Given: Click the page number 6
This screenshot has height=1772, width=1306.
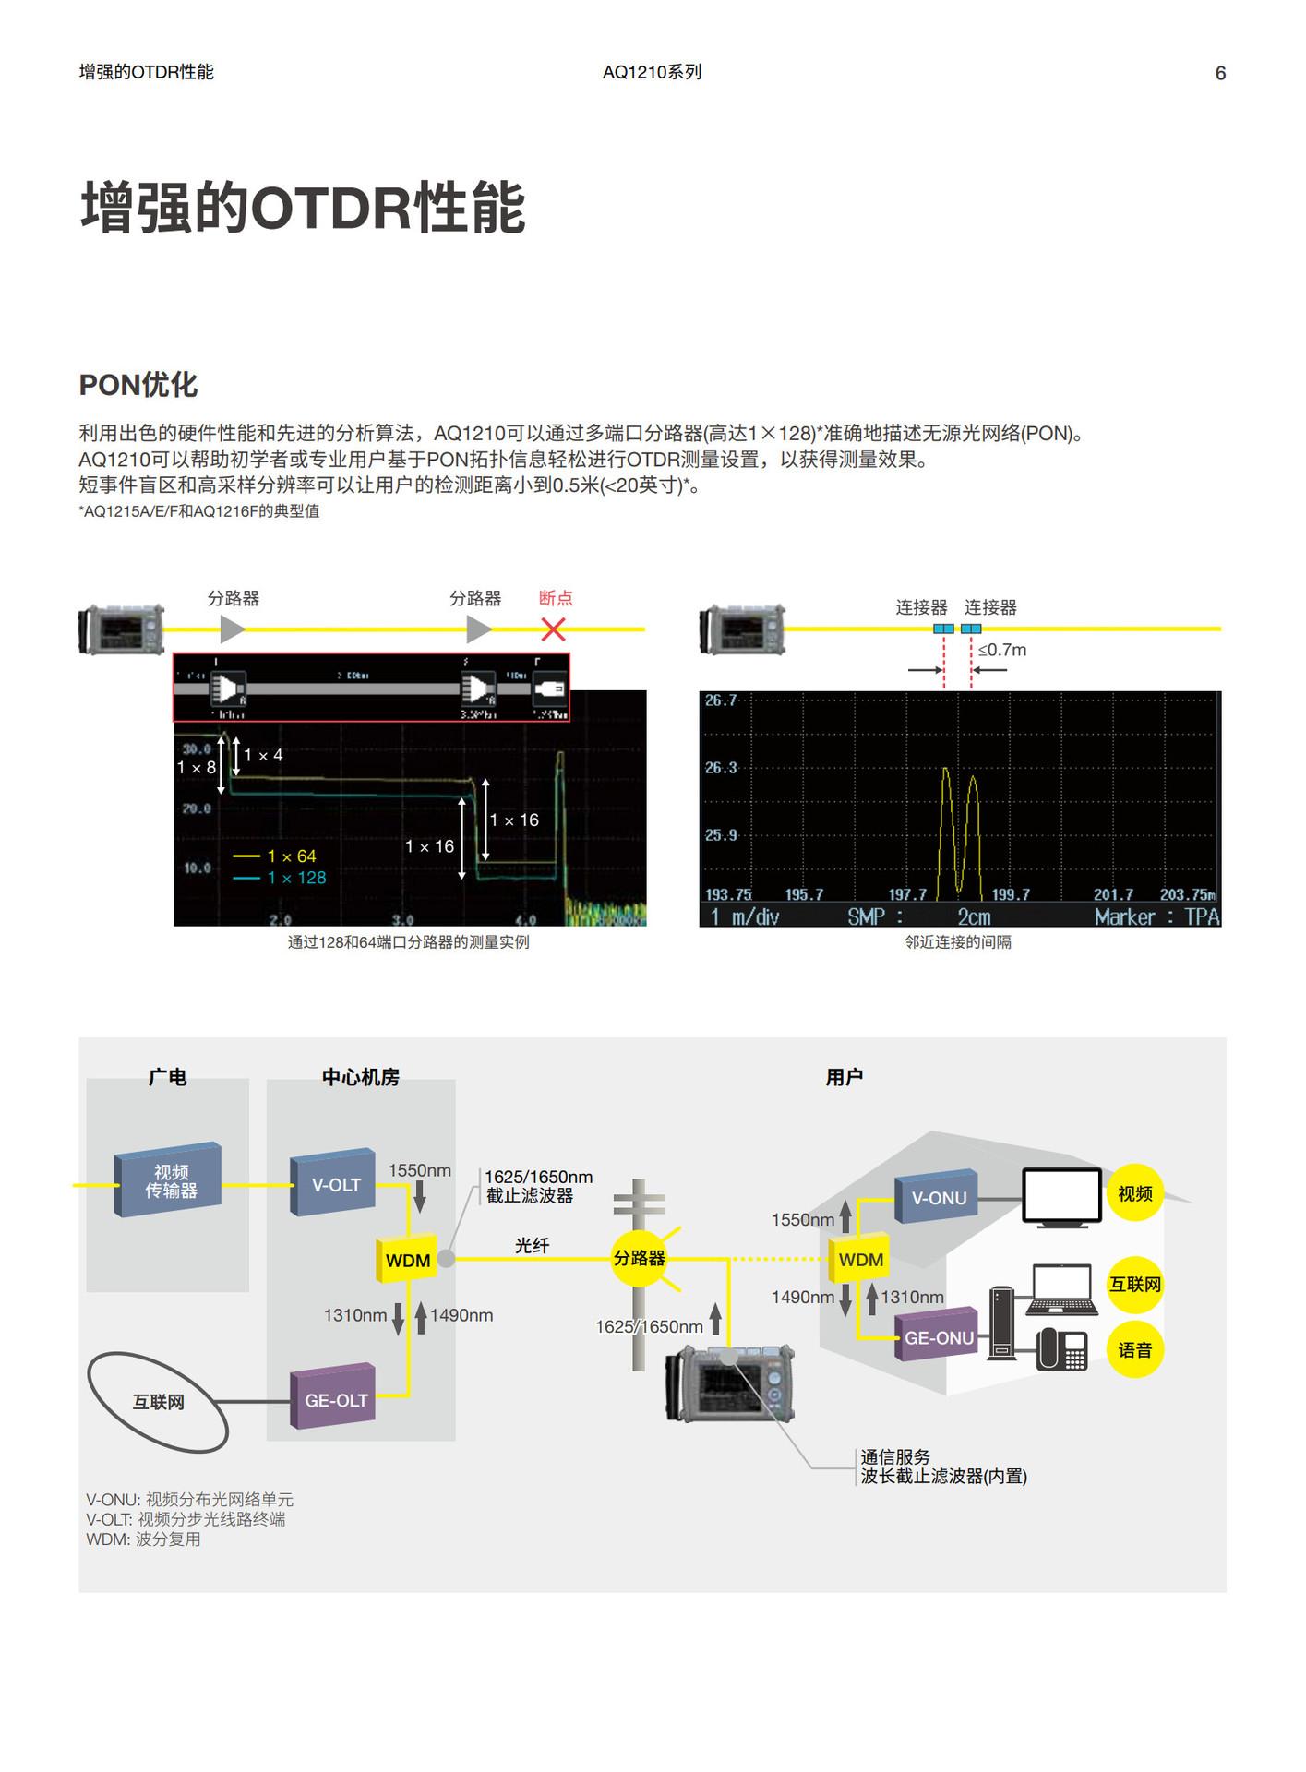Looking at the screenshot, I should pos(1219,73).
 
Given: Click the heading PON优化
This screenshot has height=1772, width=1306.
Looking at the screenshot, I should pos(138,385).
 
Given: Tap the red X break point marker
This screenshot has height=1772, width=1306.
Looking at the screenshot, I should pos(553,629).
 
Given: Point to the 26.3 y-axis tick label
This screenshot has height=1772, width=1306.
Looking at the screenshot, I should pos(721,768).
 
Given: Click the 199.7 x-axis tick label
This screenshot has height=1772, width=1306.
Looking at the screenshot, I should pos(1010,894).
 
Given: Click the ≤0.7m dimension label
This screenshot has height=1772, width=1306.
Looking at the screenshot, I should pos(1002,650).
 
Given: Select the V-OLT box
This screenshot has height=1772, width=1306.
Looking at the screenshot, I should pos(334,1184).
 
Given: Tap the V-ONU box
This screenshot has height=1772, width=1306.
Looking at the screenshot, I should pos(938,1198).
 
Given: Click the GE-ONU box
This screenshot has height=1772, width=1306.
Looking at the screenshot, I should pos(938,1337).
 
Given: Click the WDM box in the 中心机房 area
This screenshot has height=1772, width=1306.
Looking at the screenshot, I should pos(407,1260).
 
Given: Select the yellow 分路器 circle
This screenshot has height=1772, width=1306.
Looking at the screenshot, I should pos(639,1258).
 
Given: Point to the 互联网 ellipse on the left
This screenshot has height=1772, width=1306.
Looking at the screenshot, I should pos(158,1402).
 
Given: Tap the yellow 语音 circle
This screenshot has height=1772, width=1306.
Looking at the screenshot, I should pos(1134,1350).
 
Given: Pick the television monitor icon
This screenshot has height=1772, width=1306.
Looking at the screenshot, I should pos(1061,1197).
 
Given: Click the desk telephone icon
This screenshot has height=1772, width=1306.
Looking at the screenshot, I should pos(1061,1349).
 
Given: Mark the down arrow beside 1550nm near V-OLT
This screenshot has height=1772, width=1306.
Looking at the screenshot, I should pos(420,1198).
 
